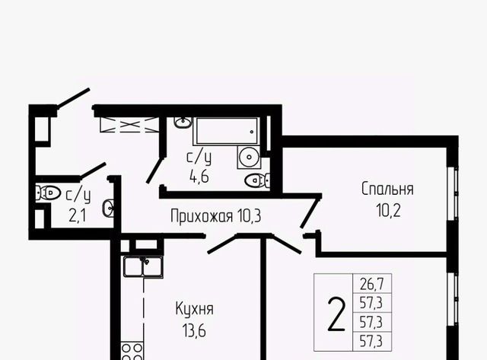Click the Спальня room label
pos(387,190)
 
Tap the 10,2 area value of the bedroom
pos(388,211)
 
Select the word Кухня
pos(195,309)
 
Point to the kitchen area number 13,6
pos(195,331)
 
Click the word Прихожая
pos(202,216)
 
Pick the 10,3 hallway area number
pos(249,216)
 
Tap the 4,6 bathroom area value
pos(199,177)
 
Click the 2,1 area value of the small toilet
pos(78,215)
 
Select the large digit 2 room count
pos(336,314)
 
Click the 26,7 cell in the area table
pos(372,284)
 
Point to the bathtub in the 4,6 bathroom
pos(227,131)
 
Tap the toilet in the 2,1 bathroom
pos(48,193)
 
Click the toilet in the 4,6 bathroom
pos(257,180)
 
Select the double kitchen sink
pos(143,266)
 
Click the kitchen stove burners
pos(132,351)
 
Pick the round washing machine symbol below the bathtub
pos(249,158)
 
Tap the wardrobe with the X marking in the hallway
pos(129,125)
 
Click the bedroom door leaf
pos(310,211)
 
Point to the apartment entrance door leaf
pos(73,98)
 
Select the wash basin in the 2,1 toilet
pos(108,208)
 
